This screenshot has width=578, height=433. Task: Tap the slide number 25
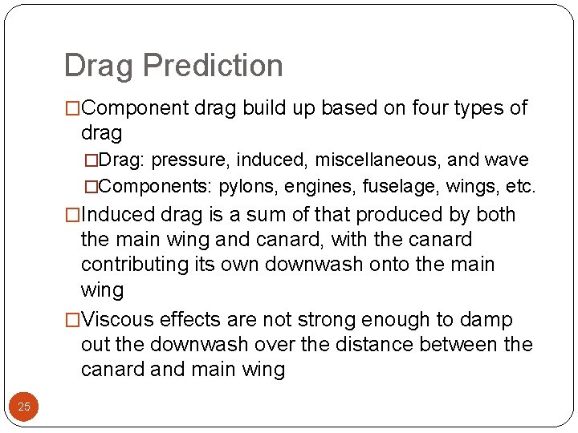tap(24, 407)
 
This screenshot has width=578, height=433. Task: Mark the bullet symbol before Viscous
tap(73, 320)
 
